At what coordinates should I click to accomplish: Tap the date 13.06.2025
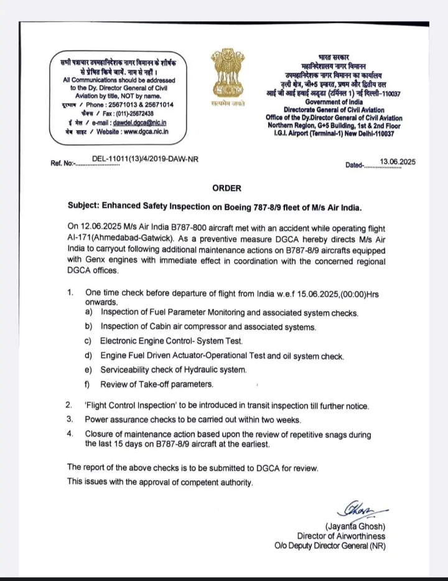point(398,163)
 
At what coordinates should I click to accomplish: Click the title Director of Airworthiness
point(349,537)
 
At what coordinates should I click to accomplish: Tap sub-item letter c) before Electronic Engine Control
point(88,341)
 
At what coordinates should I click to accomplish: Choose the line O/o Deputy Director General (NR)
point(329,546)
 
